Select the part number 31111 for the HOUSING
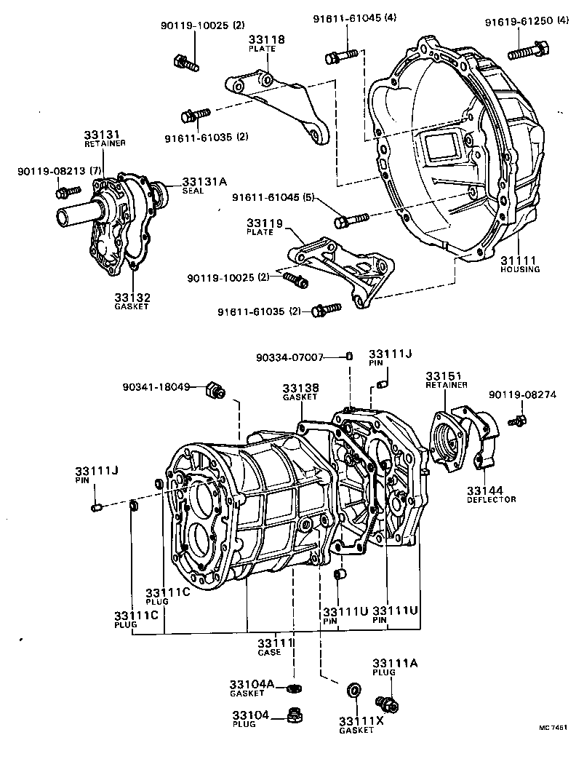(519, 260)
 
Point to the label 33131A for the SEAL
(204, 182)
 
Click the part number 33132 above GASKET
(131, 297)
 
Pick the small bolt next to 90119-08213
(68, 191)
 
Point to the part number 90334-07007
(289, 357)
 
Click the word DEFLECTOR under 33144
(491, 500)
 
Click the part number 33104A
(252, 684)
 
